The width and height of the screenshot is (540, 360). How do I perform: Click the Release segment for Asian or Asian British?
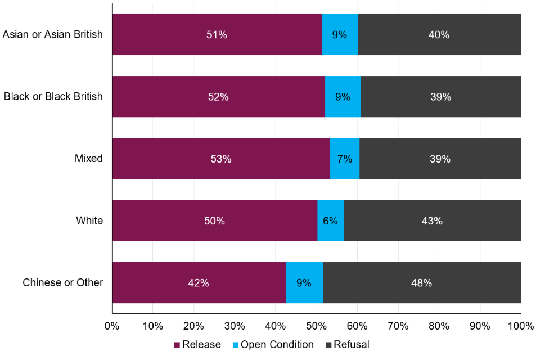(x=217, y=35)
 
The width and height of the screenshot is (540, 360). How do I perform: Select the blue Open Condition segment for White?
(x=330, y=220)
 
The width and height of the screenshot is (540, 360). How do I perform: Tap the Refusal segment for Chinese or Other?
(x=421, y=282)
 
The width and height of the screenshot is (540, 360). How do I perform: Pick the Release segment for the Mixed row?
(x=220, y=159)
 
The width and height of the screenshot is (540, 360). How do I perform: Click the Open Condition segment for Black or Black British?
(x=343, y=97)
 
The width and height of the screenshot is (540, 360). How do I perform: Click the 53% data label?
(x=220, y=159)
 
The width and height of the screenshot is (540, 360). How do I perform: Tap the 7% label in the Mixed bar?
(x=344, y=159)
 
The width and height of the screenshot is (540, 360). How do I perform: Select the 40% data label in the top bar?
(x=439, y=35)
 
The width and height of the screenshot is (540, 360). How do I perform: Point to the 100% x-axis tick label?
(x=520, y=326)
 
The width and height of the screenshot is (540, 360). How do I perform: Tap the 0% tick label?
(x=112, y=326)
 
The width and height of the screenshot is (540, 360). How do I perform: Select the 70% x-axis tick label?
(x=398, y=326)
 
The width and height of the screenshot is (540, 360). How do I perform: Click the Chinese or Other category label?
(x=62, y=282)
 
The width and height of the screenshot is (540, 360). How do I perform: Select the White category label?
(x=89, y=220)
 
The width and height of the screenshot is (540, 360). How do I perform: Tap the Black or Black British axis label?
(x=53, y=97)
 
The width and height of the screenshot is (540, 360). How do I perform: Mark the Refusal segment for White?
(x=431, y=220)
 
